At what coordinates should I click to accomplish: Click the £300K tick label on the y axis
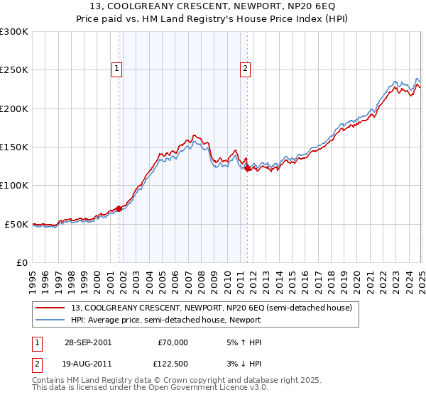click(x=13, y=32)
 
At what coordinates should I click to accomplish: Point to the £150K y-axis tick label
click(x=13, y=147)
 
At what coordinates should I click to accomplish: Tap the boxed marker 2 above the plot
click(x=245, y=69)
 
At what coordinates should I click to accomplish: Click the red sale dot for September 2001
click(x=119, y=208)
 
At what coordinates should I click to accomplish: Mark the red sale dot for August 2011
click(x=247, y=168)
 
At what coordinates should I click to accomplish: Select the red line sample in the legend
click(x=50, y=308)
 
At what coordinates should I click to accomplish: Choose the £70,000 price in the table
click(x=173, y=342)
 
